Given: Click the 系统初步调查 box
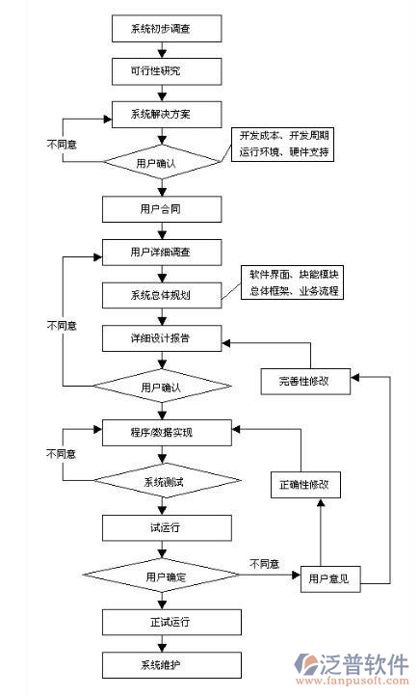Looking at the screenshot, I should pyautogui.click(x=160, y=29).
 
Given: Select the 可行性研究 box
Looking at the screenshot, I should pyautogui.click(x=160, y=71).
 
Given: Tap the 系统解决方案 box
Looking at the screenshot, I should pyautogui.click(x=160, y=114).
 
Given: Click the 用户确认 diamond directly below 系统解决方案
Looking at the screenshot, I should pyautogui.click(x=160, y=163).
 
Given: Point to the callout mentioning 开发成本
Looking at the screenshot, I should pyautogui.click(x=286, y=145).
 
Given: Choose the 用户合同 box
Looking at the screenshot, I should pyautogui.click(x=160, y=207).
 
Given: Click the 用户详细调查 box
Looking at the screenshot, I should pyautogui.click(x=160, y=253).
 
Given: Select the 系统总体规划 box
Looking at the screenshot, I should pyautogui.click(x=160, y=295).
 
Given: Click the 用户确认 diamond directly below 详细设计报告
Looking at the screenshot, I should pyautogui.click(x=160, y=388).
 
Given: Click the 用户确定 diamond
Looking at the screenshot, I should pyautogui.click(x=160, y=576).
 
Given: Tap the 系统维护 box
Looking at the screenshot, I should pyautogui.click(x=160, y=664).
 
